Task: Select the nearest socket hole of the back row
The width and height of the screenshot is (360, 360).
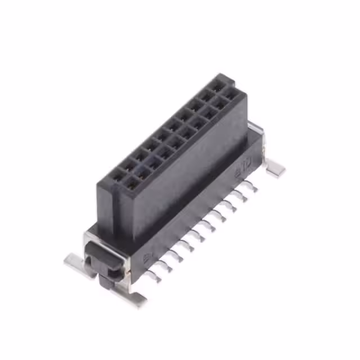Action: click(117, 175)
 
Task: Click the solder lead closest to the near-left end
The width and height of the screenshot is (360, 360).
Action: click(156, 276)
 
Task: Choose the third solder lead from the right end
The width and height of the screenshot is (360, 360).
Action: click(235, 202)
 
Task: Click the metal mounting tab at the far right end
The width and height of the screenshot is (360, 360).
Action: click(276, 167)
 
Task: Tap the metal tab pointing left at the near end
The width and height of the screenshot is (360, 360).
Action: click(74, 260)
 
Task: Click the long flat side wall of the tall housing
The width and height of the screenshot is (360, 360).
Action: click(186, 169)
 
